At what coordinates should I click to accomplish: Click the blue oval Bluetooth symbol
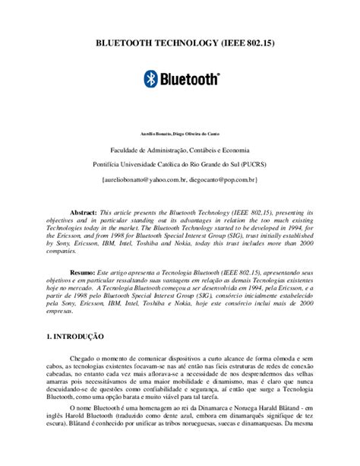click(x=150, y=78)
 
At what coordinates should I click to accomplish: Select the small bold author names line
click(x=180, y=135)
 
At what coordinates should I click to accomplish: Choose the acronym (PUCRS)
click(x=250, y=164)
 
